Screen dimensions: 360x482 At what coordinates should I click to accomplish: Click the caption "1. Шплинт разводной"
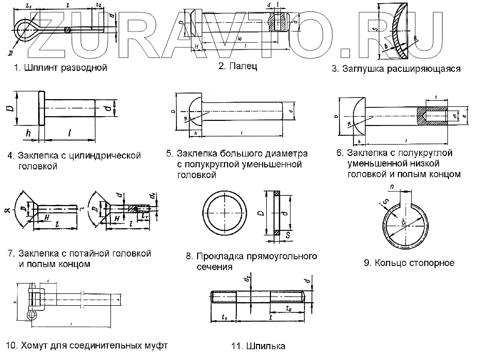point(60,68)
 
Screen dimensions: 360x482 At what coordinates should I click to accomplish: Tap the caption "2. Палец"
point(237,66)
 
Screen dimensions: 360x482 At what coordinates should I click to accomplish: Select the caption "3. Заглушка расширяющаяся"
point(396,68)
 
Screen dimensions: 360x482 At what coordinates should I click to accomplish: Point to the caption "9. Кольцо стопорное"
point(409,263)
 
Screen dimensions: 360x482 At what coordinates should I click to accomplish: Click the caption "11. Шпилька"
point(259,347)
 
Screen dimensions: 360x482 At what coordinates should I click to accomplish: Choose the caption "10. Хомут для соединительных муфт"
point(87,346)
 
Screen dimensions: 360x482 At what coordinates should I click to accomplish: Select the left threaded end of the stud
point(224,299)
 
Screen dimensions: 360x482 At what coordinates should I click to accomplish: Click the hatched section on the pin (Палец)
point(279,22)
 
